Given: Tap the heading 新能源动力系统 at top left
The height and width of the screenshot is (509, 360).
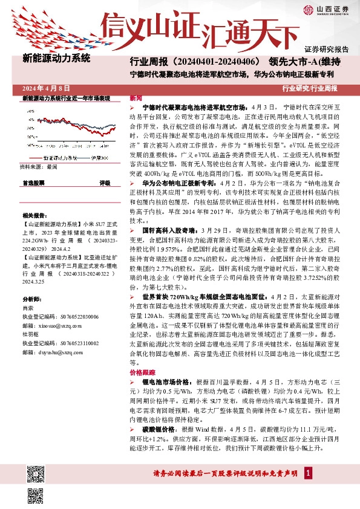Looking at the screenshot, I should click(x=56, y=59).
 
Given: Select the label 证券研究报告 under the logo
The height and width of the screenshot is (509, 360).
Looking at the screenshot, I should click(x=326, y=49).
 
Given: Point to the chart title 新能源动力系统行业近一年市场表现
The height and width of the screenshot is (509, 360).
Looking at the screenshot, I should click(x=66, y=98).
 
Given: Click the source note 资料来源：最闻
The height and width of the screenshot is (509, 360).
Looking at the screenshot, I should click(x=39, y=166).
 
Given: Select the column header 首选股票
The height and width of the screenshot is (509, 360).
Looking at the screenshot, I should click(x=33, y=182).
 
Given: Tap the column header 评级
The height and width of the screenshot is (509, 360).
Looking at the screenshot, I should click(x=105, y=182).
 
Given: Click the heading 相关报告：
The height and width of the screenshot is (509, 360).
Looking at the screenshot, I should click(x=35, y=215).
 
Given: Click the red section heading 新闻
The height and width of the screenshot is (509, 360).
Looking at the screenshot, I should click(x=136, y=97).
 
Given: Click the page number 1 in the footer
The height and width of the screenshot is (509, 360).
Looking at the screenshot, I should click(x=309, y=473).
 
